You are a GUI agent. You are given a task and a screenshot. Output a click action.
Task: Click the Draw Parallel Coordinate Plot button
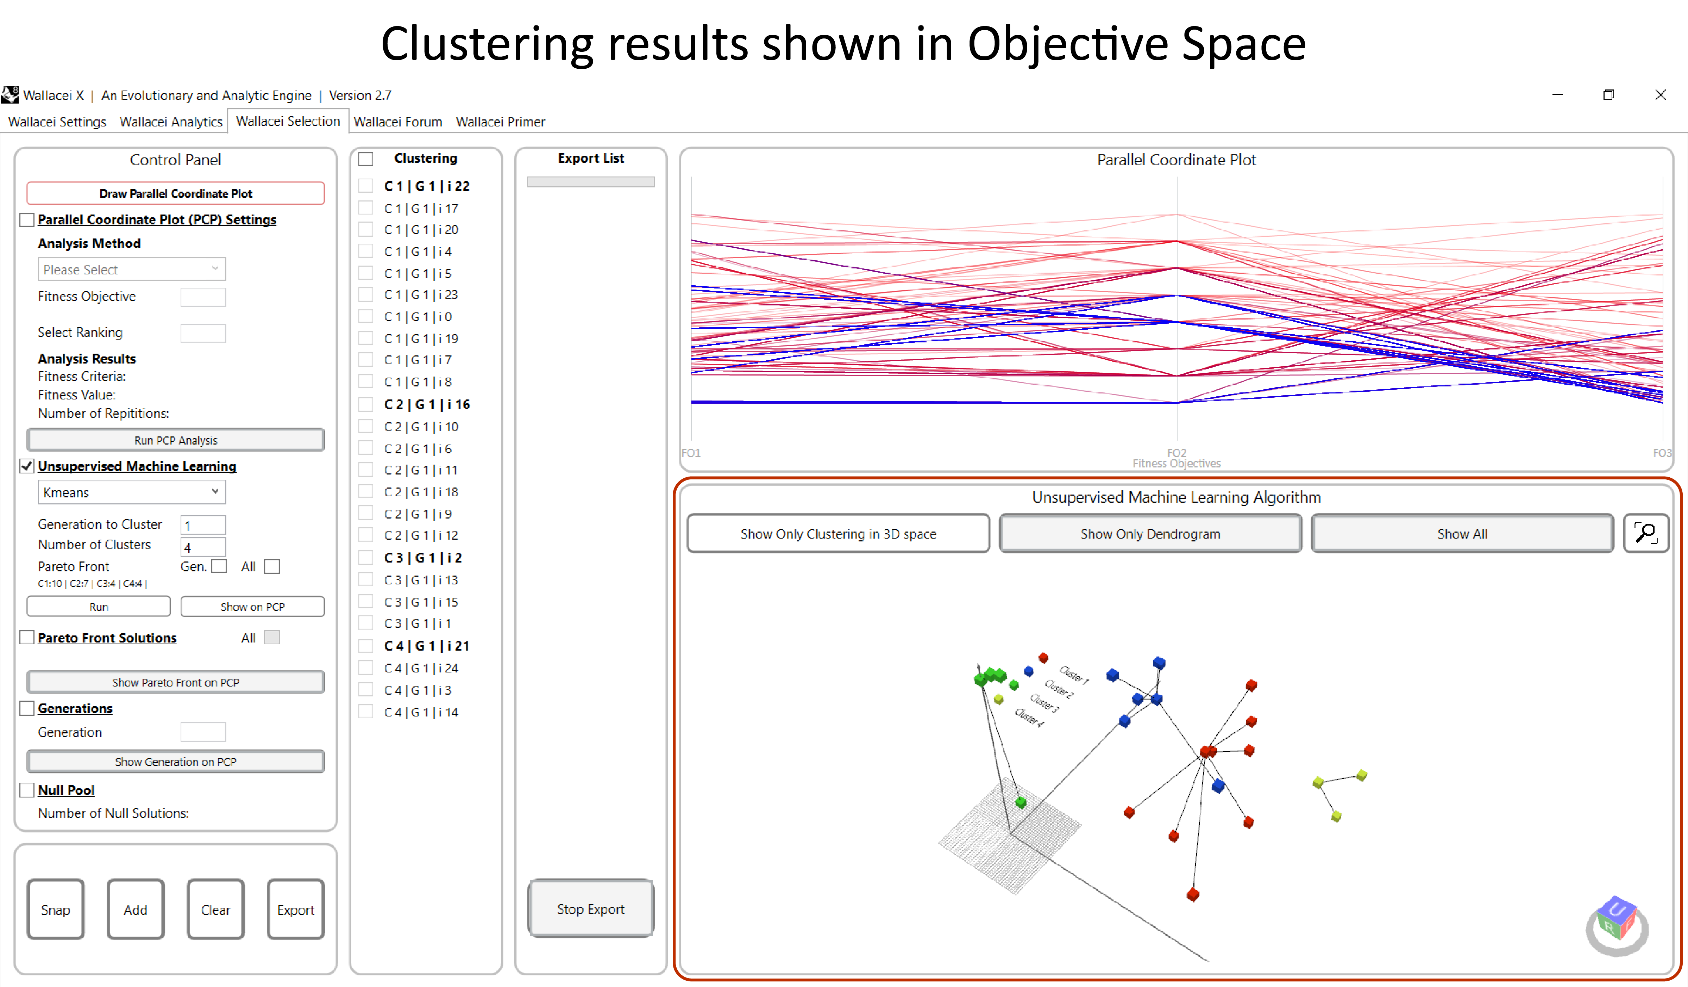(x=176, y=194)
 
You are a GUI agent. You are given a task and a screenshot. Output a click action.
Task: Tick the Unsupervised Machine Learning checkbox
(x=27, y=466)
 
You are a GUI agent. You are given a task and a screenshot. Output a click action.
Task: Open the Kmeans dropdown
(x=131, y=492)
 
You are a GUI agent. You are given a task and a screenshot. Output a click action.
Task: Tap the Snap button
(x=56, y=909)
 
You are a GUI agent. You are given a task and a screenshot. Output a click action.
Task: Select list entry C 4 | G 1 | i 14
(x=421, y=712)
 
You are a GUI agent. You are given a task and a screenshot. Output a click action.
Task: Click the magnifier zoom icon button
(x=1645, y=533)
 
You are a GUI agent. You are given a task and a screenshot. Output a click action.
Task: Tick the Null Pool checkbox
(x=27, y=790)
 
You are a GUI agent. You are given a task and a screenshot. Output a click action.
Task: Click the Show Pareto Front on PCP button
(x=176, y=682)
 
